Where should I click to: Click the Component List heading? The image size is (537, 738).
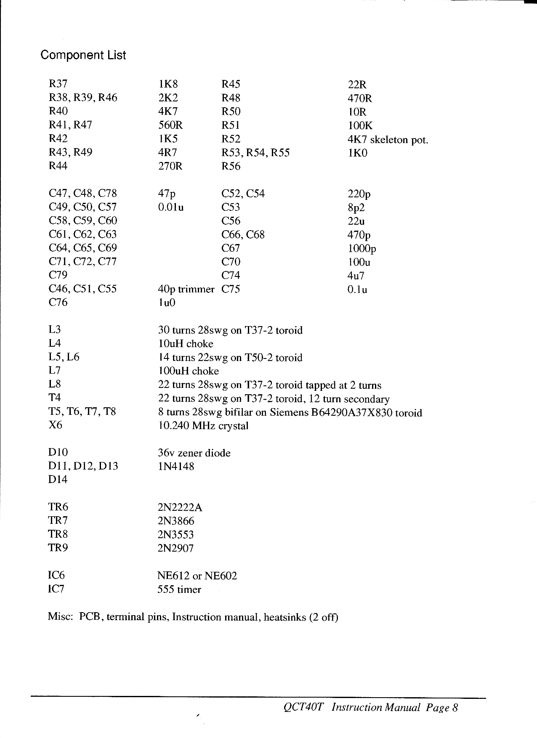[83, 55]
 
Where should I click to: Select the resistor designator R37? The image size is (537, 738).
[58, 84]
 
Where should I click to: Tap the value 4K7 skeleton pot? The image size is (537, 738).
[388, 139]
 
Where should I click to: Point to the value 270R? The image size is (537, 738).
[170, 166]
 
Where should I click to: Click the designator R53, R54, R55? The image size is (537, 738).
[255, 153]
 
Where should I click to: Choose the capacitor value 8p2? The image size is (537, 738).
[356, 207]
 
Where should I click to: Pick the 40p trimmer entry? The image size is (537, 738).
[186, 289]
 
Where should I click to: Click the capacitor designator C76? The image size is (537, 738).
[58, 303]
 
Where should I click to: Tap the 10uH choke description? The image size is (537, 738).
[186, 344]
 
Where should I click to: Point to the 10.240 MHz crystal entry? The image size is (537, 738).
[203, 425]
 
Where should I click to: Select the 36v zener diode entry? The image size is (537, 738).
[194, 453]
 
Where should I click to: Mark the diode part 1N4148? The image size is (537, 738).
[176, 466]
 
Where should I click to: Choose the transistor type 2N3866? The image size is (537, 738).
[176, 521]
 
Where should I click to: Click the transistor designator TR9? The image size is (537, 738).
[58, 548]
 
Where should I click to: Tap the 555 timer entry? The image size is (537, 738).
[179, 589]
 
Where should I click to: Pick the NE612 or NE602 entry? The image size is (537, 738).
[197, 576]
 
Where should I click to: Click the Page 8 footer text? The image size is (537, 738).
[441, 708]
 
